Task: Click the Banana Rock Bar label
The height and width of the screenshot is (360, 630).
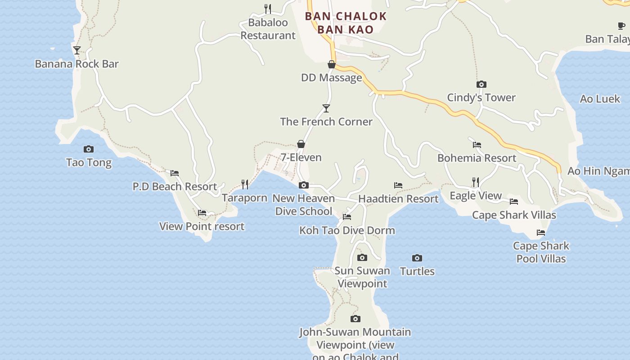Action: pyautogui.click(x=77, y=64)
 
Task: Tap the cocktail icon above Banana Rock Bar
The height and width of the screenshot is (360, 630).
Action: pyautogui.click(x=77, y=50)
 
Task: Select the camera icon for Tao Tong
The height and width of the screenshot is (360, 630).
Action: pyautogui.click(x=89, y=149)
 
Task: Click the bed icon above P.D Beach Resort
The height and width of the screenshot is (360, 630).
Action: pyautogui.click(x=175, y=173)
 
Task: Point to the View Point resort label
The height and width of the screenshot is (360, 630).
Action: pyautogui.click(x=202, y=226)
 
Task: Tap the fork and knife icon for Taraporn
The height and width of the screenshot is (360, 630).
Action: pyautogui.click(x=245, y=184)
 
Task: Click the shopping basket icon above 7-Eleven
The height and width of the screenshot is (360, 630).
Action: pyautogui.click(x=301, y=144)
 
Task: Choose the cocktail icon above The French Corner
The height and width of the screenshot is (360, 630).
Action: pyautogui.click(x=326, y=108)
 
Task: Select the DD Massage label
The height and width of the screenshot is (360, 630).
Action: pyautogui.click(x=332, y=78)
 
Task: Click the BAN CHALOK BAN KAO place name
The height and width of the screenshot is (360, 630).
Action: pyautogui.click(x=346, y=23)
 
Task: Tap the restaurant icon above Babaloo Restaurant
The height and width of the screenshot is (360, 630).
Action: pyautogui.click(x=268, y=9)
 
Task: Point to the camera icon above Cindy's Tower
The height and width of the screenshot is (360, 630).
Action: pyautogui.click(x=481, y=84)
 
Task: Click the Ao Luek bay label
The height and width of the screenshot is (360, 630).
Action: pyautogui.click(x=600, y=99)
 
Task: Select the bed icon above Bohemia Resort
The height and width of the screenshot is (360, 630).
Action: pyautogui.click(x=477, y=145)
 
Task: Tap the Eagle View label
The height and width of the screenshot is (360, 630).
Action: pyautogui.click(x=476, y=196)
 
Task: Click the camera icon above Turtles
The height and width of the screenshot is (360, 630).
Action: pyautogui.click(x=417, y=258)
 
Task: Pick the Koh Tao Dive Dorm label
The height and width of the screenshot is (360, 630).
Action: pyautogui.click(x=347, y=230)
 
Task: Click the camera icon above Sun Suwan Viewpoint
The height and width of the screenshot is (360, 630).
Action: pyautogui.click(x=362, y=257)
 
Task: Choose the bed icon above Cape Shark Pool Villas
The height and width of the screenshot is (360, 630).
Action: pyautogui.click(x=541, y=233)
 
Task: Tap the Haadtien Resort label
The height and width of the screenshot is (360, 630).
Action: pyautogui.click(x=398, y=198)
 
